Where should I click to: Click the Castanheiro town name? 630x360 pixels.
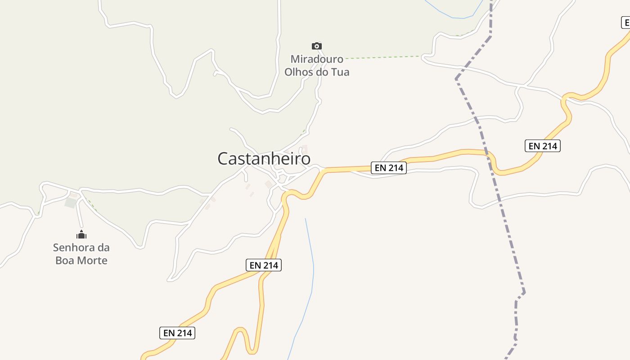pos(264,158)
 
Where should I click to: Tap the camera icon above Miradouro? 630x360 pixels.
pos(317,46)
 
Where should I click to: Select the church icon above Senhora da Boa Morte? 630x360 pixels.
pos(81,234)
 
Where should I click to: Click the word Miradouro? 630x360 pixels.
pos(317,59)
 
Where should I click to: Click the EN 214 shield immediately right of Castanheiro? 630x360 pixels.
pos(389,168)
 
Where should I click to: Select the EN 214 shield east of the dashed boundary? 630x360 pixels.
pos(542,146)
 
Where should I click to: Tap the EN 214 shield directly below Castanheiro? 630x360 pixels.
pos(264,265)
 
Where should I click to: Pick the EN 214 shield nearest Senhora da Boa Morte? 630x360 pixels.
pos(177,333)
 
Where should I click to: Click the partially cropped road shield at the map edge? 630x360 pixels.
pos(626,22)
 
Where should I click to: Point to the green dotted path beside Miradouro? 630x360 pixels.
pos(382,58)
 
